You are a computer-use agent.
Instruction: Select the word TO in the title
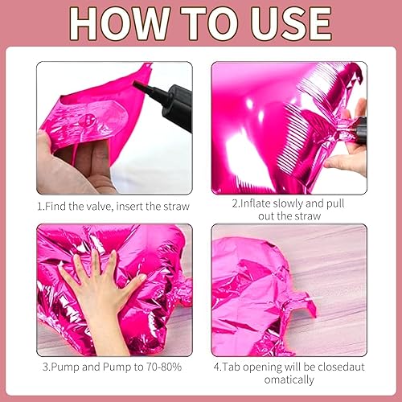202,23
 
